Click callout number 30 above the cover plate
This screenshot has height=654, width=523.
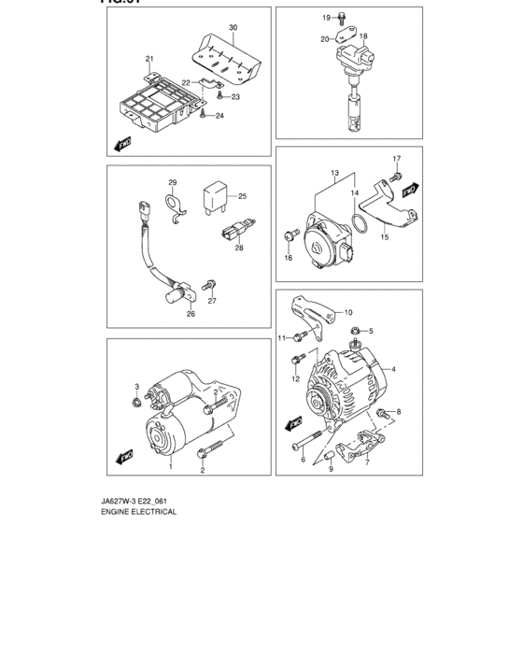tap(233, 28)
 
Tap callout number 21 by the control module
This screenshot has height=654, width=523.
tap(148, 59)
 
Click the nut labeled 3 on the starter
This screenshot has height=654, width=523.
tap(137, 403)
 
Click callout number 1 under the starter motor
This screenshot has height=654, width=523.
tap(171, 464)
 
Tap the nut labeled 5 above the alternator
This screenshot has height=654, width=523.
tap(357, 331)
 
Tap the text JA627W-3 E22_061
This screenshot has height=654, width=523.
tap(137, 501)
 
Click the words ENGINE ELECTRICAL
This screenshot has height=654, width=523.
tap(137, 512)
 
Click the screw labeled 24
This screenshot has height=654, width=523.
tap(203, 116)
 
